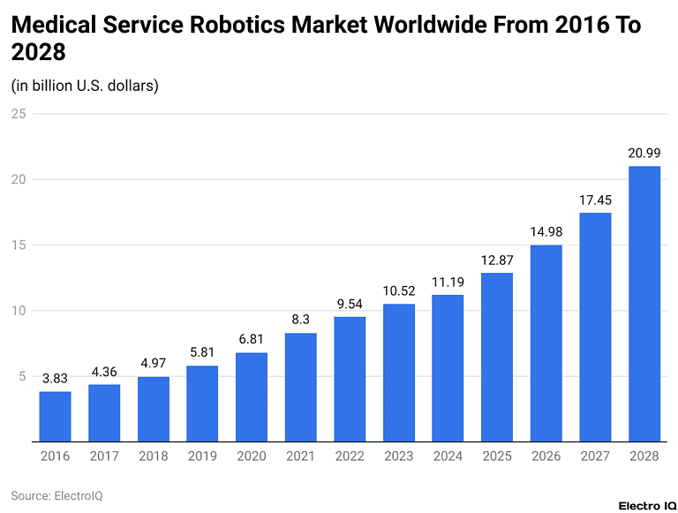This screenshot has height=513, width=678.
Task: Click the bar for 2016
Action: coord(55,416)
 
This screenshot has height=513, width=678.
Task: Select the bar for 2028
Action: coord(644,304)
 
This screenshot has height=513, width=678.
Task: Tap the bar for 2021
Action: coord(300,387)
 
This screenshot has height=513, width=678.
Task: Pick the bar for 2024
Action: coord(448,367)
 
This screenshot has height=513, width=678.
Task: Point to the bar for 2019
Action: coord(202,404)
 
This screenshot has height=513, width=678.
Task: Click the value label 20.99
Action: coord(644,153)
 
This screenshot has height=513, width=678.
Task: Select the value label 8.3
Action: coord(300,320)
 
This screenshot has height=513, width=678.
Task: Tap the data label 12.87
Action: coord(496,260)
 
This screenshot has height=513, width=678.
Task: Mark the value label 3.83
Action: coord(55,378)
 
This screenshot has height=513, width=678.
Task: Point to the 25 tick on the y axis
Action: coord(18,114)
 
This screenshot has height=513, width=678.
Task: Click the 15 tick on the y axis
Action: coord(18,245)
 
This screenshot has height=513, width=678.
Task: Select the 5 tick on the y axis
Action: coord(21,376)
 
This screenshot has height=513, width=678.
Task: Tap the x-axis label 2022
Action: coord(350,456)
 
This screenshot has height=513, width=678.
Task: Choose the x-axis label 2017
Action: coord(104,456)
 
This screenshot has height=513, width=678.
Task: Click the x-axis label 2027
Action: coord(595,456)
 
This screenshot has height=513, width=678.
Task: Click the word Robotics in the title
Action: coord(245,26)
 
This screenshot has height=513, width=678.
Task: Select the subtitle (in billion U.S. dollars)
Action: coord(85,86)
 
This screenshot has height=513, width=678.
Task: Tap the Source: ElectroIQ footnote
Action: coord(56,495)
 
